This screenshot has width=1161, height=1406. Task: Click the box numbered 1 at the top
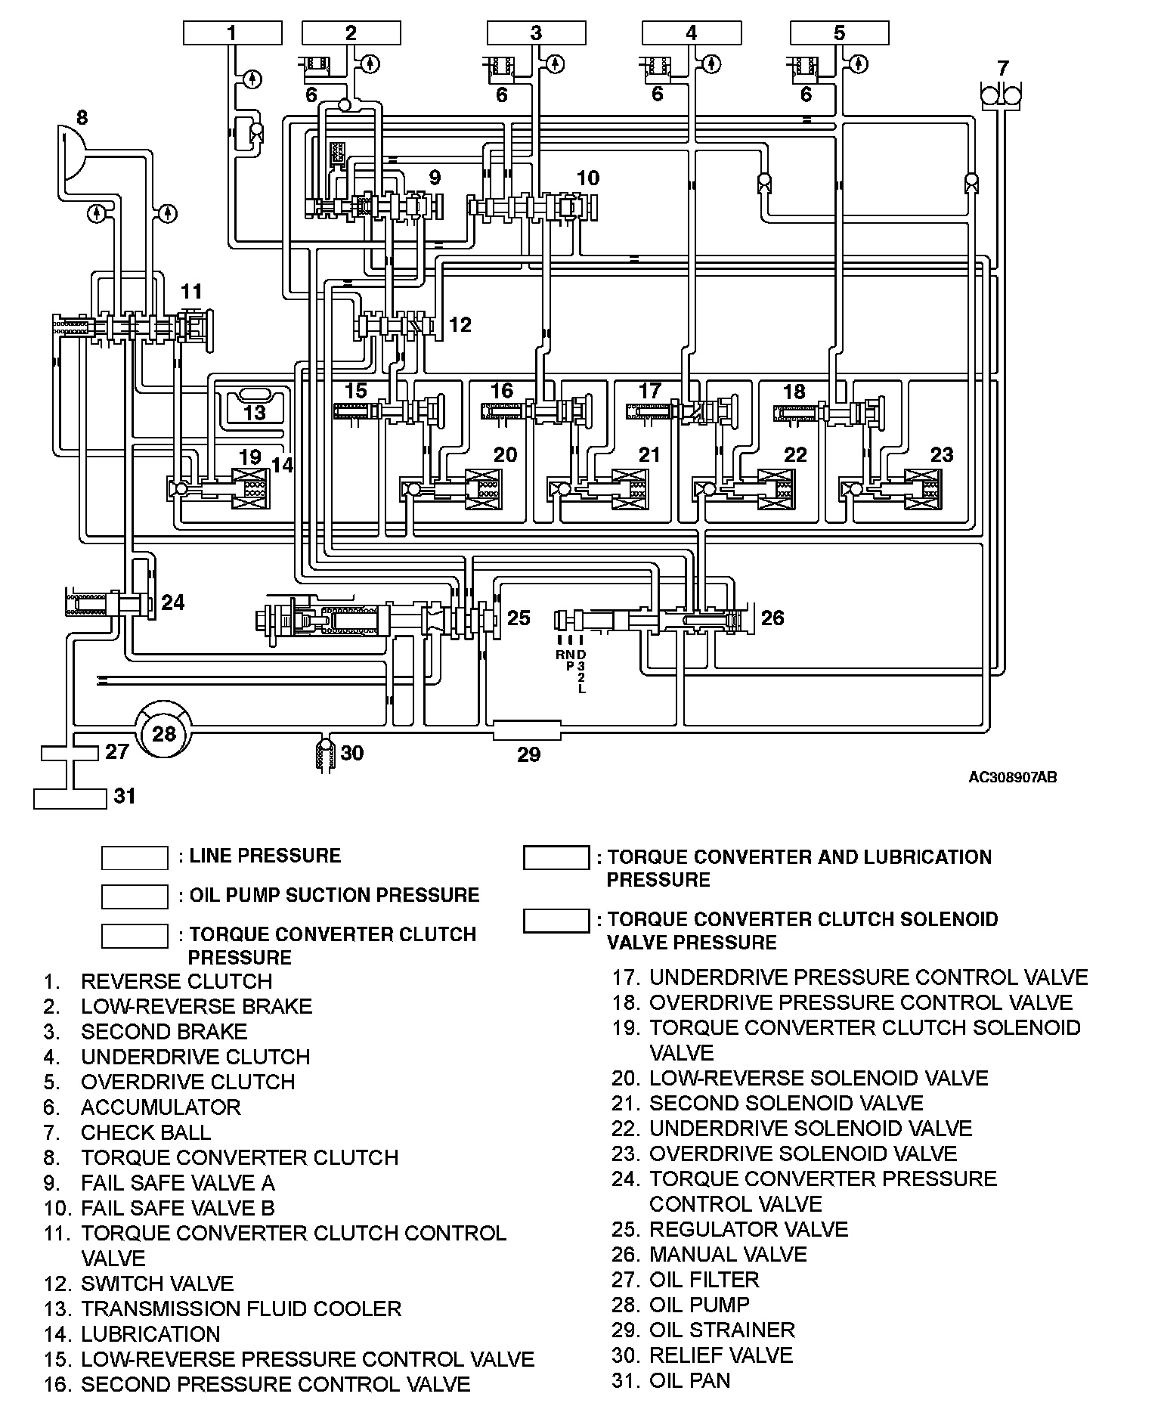[232, 33]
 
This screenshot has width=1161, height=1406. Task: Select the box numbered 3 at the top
[536, 33]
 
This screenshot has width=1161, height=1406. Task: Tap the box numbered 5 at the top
[839, 33]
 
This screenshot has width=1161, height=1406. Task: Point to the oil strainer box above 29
[527, 730]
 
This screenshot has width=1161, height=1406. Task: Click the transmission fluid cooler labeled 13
[255, 404]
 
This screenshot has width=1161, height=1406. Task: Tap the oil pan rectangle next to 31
[70, 798]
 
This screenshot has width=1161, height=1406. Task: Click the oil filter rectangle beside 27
[70, 753]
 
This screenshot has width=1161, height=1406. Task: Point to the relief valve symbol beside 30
[325, 754]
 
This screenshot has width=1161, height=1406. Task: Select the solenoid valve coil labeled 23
[922, 489]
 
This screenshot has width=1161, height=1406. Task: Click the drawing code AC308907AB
[1012, 777]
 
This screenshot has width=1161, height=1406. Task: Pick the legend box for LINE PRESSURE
[135, 858]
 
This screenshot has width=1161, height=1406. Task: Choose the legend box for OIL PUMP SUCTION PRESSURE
[135, 897]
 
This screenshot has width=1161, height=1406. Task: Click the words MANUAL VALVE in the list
[728, 1255]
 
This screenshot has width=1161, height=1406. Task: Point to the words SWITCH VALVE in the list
[157, 1284]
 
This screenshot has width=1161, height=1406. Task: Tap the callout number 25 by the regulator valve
[519, 618]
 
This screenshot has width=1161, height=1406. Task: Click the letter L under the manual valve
[581, 689]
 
